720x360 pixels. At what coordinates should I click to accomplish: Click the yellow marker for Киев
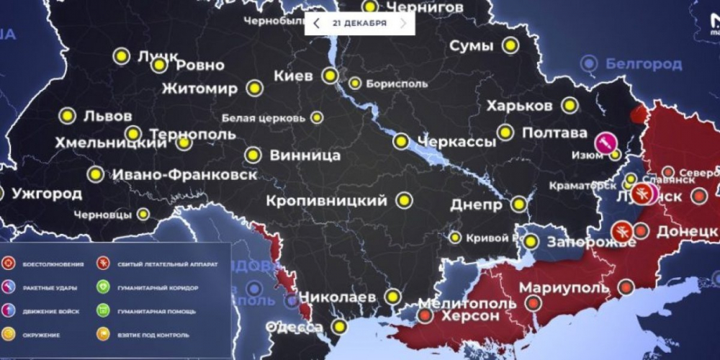[330, 76]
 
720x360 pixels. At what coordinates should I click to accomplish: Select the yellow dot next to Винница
[253, 155]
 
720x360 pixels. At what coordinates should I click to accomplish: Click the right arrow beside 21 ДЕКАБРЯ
[403, 24]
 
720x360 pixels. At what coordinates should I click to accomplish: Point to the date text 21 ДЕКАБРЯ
[359, 24]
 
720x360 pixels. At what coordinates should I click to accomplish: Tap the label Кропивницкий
[326, 201]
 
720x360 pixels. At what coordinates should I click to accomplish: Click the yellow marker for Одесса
[339, 326]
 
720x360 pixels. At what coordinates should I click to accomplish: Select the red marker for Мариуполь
[626, 287]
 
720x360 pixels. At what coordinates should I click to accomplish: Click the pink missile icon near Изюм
[604, 142]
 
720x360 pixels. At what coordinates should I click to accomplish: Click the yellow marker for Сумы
[510, 46]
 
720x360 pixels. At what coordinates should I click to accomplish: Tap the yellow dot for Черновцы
[144, 214]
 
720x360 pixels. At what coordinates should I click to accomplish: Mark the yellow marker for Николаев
[392, 295]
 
